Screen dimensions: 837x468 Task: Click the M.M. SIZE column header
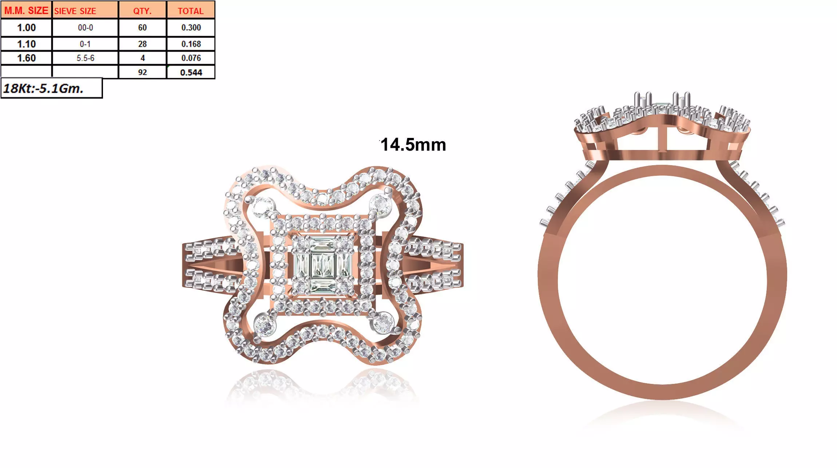click(x=26, y=11)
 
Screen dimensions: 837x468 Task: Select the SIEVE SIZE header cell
click(x=85, y=11)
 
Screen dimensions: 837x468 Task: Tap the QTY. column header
click(x=142, y=11)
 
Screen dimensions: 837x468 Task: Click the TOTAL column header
click(x=191, y=11)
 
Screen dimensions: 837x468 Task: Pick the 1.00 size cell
click(x=26, y=28)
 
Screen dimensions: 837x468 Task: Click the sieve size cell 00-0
click(x=85, y=28)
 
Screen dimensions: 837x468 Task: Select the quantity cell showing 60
click(x=142, y=28)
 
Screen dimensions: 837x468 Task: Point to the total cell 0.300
click(x=191, y=28)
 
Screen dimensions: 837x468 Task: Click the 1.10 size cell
click(x=26, y=44)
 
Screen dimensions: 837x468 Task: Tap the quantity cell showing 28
click(x=142, y=44)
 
